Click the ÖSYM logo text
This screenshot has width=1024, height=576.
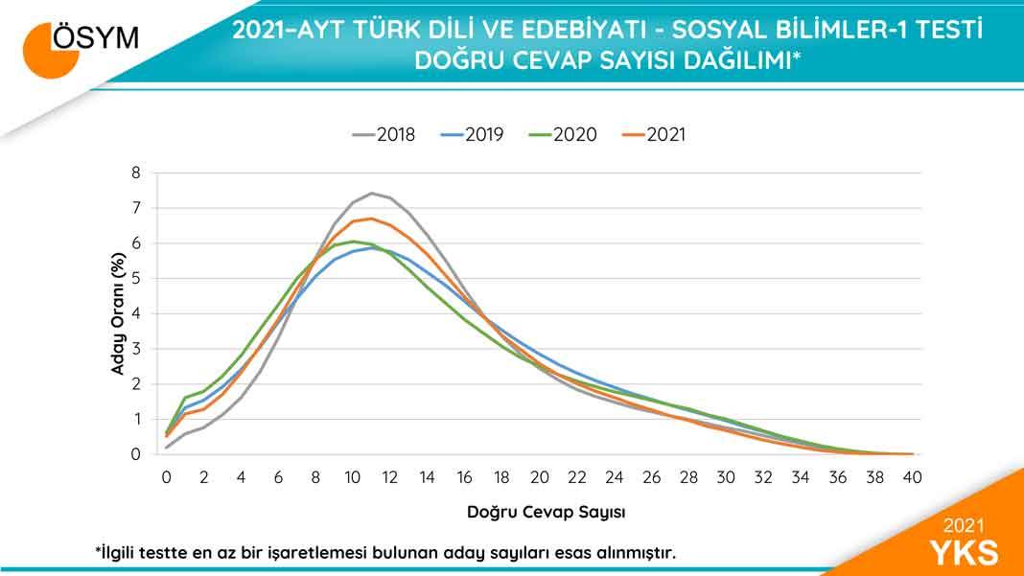(x=94, y=37)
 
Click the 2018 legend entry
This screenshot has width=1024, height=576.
(x=384, y=135)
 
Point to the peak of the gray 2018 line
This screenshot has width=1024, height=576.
(x=372, y=194)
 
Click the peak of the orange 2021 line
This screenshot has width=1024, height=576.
(x=372, y=219)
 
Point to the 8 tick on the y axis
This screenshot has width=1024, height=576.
(x=136, y=173)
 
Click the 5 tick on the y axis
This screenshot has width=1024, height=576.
(x=136, y=279)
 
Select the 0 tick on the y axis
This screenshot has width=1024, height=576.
(x=136, y=455)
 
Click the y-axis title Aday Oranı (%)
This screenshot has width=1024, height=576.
(x=117, y=313)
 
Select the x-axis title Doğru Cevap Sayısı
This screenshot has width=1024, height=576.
(x=547, y=512)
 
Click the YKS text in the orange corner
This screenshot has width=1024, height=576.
(x=964, y=553)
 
